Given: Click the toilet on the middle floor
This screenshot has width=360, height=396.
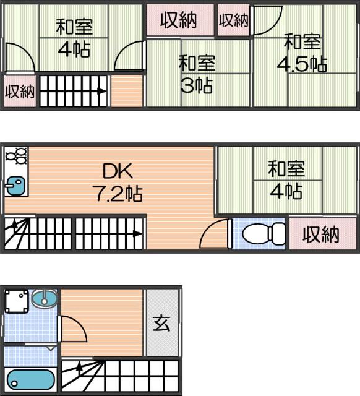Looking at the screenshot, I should [x=263, y=235].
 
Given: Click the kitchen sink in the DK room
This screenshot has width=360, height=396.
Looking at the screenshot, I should [x=15, y=184].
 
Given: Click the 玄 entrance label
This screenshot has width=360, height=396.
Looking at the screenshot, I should [x=161, y=323].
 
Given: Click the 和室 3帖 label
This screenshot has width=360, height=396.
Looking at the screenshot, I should [x=197, y=74].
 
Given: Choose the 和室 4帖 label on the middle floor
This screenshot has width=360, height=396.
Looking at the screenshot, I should [x=285, y=179].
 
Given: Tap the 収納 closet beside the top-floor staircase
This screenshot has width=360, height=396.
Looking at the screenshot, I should [x=19, y=92].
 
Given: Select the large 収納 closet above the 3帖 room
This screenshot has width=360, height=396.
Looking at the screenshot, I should [x=179, y=20].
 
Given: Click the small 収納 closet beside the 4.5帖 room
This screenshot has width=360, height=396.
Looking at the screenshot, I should [x=234, y=20].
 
